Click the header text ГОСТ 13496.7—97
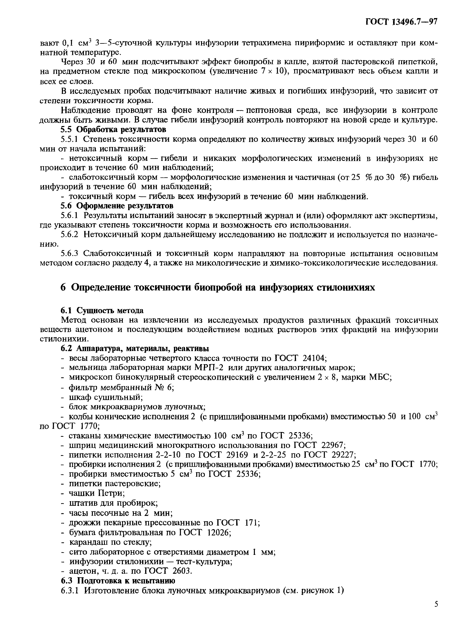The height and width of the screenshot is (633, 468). point(402,22)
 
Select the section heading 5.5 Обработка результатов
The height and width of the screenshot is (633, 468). point(113,129)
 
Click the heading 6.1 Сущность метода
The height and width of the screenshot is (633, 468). point(102,311)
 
